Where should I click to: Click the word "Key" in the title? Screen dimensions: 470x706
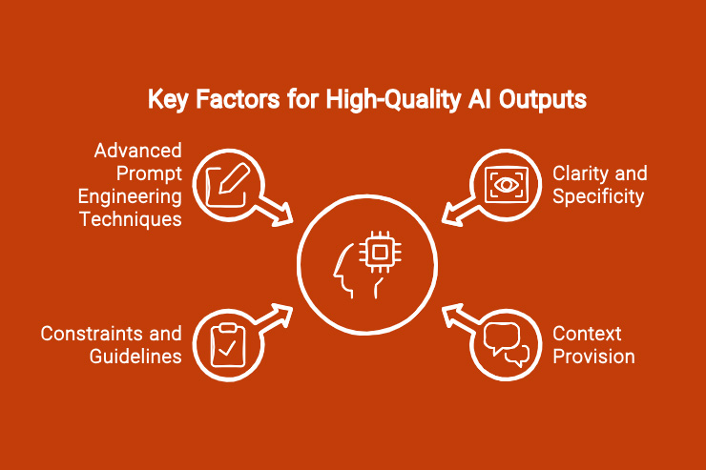point(165,99)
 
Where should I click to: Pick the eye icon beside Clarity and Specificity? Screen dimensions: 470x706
point(504,183)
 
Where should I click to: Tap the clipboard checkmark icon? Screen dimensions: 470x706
point(225,343)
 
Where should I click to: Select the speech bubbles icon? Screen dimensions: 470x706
point(505,344)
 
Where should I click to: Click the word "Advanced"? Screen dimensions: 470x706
point(137,152)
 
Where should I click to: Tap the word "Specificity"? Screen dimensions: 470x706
point(598,196)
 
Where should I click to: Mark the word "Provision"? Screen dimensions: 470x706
point(594,357)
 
